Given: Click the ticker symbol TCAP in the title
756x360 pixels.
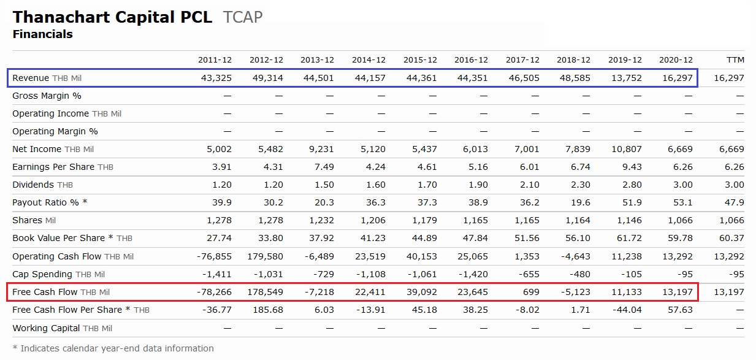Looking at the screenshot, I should point(243,17).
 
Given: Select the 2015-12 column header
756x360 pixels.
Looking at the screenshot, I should point(420,60).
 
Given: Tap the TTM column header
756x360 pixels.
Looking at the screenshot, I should point(735,60).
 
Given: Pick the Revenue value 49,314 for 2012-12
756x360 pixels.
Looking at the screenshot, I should point(268,78).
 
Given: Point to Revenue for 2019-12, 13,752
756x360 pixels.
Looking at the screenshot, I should point(627,78).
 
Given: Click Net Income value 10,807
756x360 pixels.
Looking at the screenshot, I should point(627,149).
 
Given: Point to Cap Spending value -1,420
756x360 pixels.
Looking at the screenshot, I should point(473,274).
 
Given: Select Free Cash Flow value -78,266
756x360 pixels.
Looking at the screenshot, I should point(215,292).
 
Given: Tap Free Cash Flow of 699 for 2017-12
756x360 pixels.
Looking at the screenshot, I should point(530,292).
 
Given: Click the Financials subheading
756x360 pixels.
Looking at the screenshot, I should point(42,34).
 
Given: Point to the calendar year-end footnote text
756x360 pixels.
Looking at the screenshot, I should point(113,348).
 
